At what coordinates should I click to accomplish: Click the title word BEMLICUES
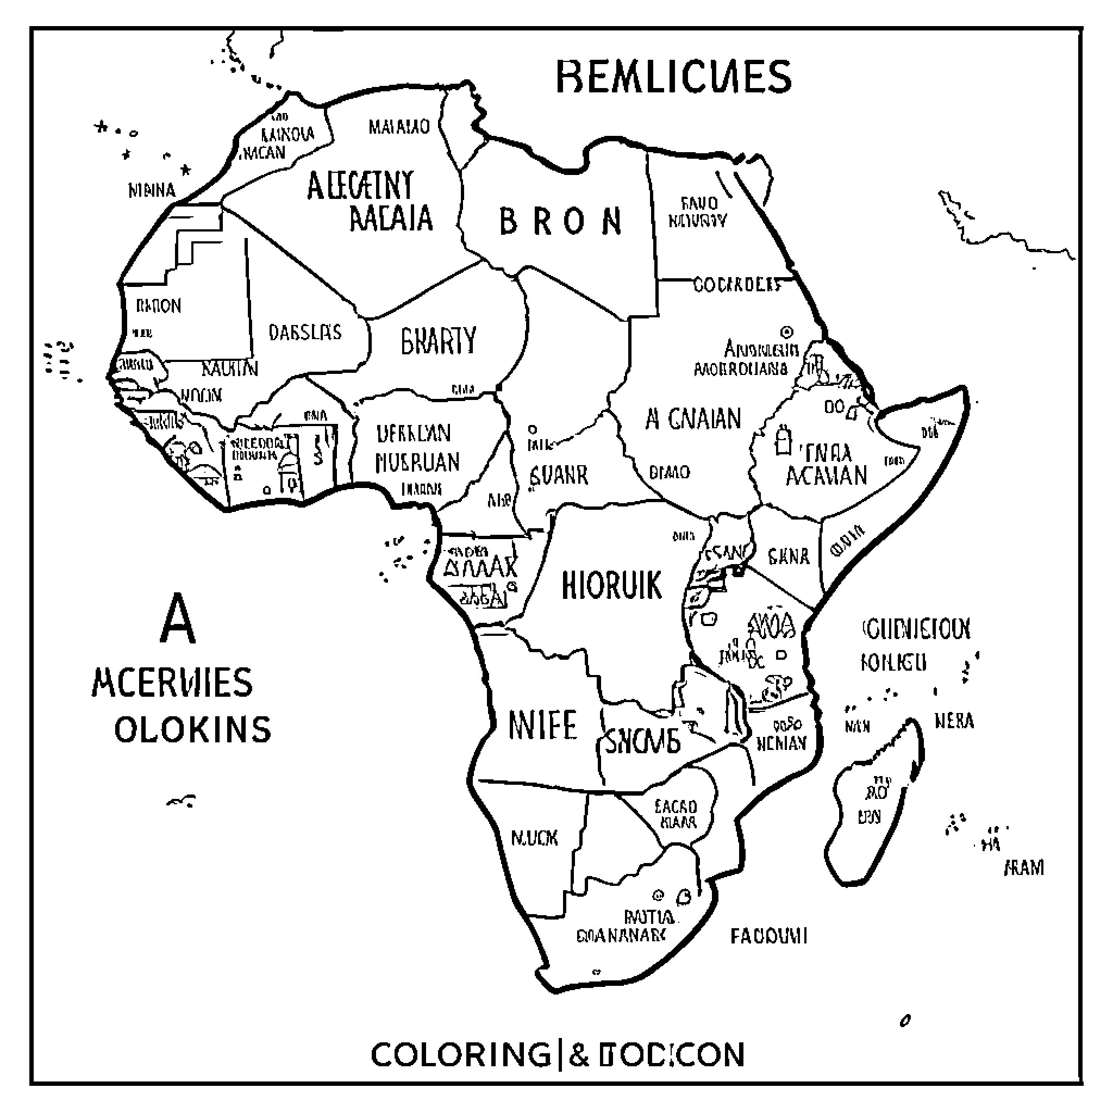[673, 77]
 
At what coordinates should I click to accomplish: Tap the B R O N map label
[560, 221]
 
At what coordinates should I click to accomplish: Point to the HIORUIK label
[611, 585]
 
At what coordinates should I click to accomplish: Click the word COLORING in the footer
[460, 1055]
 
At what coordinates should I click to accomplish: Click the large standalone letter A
[178, 620]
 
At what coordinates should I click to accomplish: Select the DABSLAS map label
[305, 332]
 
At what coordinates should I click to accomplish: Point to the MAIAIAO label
[399, 126]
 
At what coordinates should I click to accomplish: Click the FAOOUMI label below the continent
[768, 936]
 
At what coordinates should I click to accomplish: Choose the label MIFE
[541, 725]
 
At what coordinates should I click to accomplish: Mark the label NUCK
[534, 837]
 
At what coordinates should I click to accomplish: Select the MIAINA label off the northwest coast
[152, 190]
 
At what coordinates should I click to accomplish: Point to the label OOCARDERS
[736, 285]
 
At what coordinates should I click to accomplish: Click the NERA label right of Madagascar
[954, 721]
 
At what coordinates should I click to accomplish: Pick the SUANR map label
[558, 476]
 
